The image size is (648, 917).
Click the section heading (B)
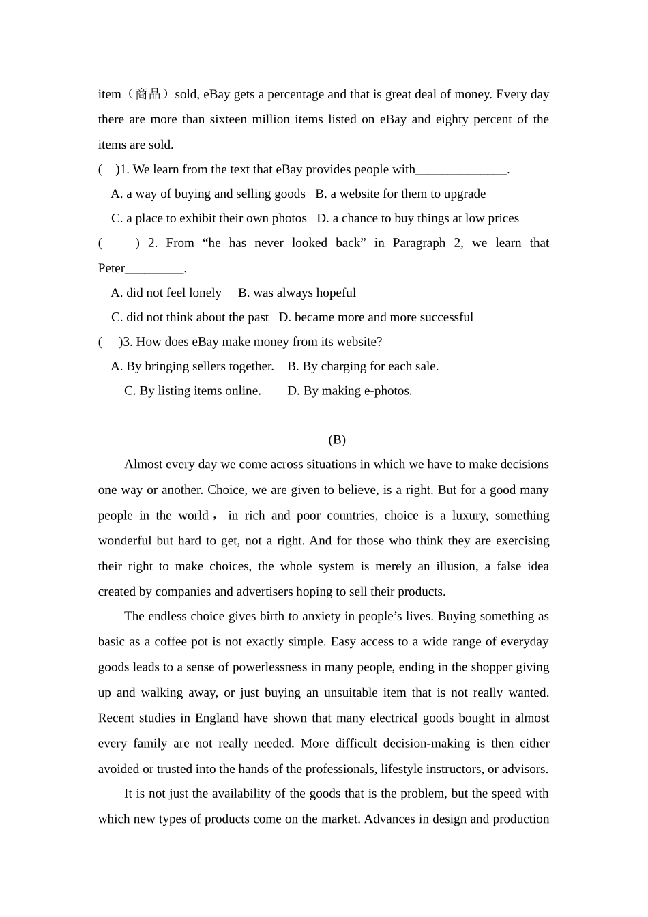coord(337,440)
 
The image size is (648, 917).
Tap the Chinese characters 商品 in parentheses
coord(148,94)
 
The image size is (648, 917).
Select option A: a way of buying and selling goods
coord(208,194)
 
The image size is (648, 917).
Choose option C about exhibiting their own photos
coord(209,218)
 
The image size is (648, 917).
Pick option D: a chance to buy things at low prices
coord(417,218)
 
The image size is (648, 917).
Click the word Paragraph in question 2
coord(419,243)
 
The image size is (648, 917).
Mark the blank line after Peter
coord(155,269)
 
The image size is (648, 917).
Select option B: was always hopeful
coord(297,293)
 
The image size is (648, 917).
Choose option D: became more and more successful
coord(376,317)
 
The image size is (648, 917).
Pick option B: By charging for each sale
coord(363,366)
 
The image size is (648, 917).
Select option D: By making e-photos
coord(349,391)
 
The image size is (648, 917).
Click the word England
coord(217,718)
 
